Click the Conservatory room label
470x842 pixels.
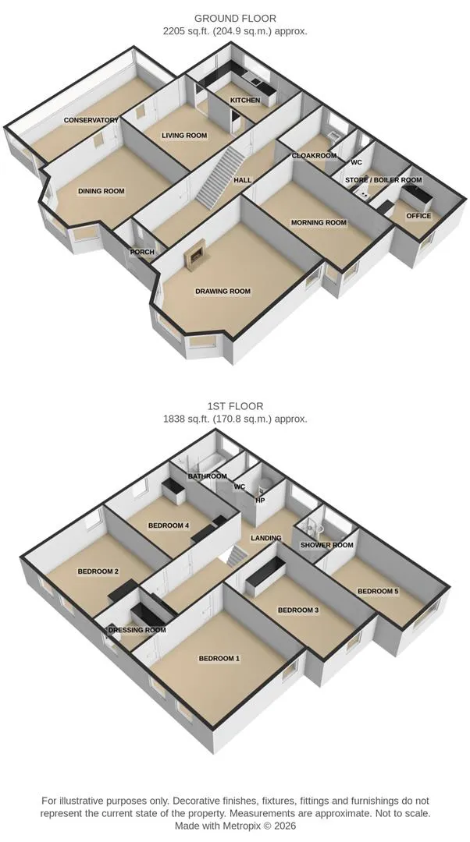[x=91, y=120]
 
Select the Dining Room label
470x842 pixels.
[x=101, y=191]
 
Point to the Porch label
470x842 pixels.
[x=142, y=251]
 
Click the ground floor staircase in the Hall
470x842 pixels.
[x=220, y=176]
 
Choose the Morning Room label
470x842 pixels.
[x=319, y=222]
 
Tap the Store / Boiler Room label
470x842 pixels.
[x=383, y=180]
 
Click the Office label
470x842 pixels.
[x=418, y=215]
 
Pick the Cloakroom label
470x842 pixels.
[x=314, y=156]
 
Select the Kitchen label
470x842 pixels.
[x=245, y=101]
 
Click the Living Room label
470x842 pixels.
[x=184, y=136]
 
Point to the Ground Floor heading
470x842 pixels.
[x=235, y=19]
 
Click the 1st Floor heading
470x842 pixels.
[x=235, y=406]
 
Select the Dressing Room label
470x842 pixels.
[x=137, y=629]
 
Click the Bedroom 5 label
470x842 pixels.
[x=378, y=591]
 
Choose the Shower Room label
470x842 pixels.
[x=327, y=544]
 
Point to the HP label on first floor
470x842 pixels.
[x=260, y=500]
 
